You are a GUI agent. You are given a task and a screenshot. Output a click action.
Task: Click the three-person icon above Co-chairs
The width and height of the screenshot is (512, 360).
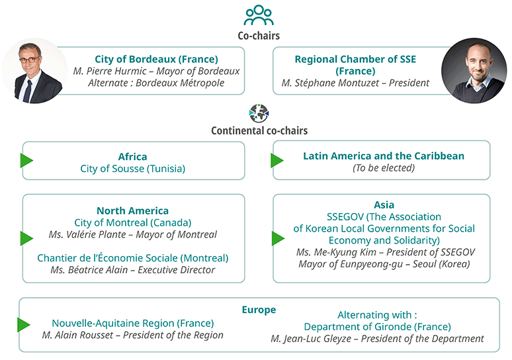point(259,15)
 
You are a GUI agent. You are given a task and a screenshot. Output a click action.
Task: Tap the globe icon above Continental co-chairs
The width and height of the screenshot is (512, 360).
point(259,113)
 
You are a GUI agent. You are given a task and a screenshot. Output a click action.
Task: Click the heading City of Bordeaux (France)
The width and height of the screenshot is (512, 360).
point(156,59)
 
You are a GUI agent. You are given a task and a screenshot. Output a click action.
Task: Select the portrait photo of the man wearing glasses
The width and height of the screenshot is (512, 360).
point(34,71)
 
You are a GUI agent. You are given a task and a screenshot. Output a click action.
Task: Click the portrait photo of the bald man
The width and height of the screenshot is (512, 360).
point(474,71)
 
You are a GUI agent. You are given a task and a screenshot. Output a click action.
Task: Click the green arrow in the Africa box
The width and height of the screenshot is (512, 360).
point(26,160)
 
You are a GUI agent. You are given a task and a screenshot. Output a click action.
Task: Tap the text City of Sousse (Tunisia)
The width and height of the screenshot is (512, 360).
point(132,169)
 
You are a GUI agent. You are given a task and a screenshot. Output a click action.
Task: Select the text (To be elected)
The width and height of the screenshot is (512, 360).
point(384,167)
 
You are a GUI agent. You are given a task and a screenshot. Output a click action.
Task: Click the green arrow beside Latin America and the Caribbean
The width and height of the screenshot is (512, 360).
point(277,160)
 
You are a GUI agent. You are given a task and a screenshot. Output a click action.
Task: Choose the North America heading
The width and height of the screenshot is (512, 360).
point(132,210)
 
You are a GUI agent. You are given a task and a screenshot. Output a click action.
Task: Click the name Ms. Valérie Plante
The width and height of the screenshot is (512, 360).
point(87,234)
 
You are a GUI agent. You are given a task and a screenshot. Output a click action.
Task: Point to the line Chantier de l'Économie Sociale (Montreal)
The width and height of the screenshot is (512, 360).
point(132,257)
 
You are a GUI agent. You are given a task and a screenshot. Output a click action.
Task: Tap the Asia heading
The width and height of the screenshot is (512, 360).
point(384,205)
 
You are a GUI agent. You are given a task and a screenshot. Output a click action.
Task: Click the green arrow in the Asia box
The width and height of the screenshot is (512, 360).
point(278,238)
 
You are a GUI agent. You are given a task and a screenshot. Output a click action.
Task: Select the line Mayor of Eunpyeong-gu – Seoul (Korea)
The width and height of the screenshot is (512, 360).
point(384,264)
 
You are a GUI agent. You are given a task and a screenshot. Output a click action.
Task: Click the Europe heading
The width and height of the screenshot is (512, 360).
point(259,310)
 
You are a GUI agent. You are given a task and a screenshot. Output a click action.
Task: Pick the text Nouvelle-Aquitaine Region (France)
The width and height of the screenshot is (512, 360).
point(133,323)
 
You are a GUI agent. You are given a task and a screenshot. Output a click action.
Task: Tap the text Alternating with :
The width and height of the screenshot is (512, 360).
point(377,315)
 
